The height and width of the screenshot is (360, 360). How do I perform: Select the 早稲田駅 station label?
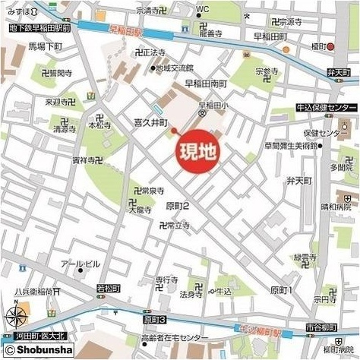[x=126, y=32]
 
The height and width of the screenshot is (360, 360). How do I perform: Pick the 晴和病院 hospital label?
[x=336, y=206]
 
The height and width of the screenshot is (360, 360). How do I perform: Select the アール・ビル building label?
[x=80, y=264]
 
